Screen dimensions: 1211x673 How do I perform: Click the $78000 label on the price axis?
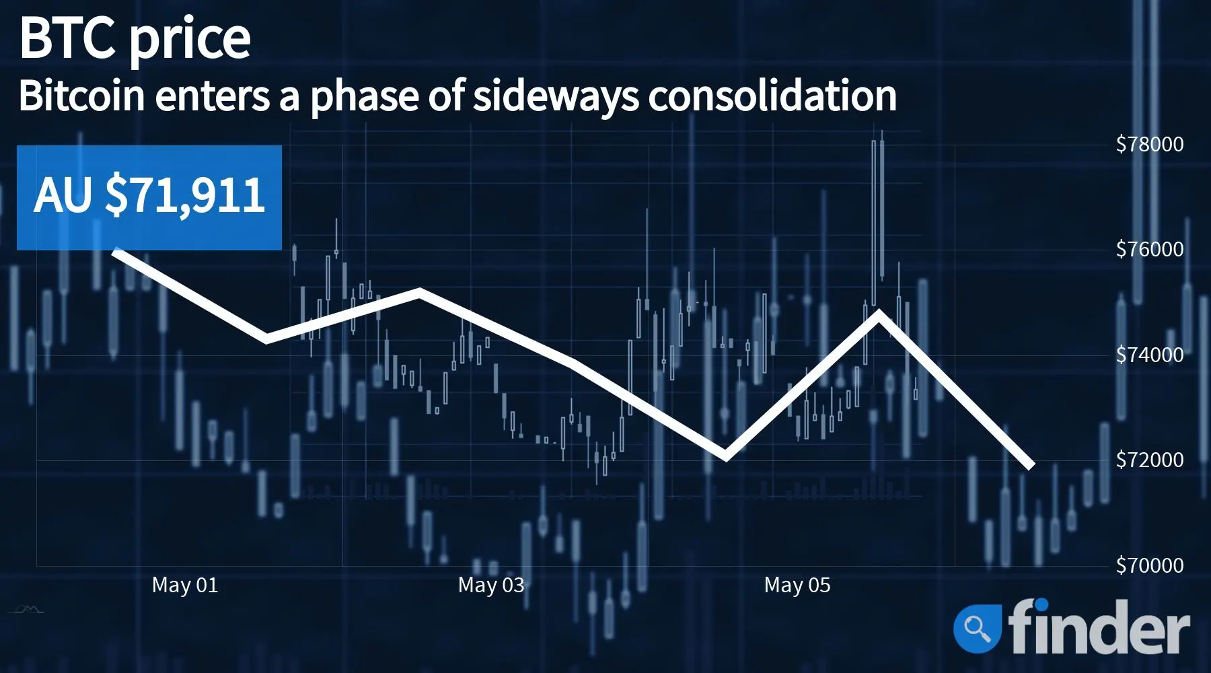[x=1149, y=144]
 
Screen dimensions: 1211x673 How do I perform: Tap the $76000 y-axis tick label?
[x=1149, y=249]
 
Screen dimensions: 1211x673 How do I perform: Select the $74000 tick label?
[x=1149, y=355]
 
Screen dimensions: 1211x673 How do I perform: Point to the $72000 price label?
[x=1149, y=460]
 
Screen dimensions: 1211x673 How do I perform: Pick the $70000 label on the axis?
[x=1149, y=565]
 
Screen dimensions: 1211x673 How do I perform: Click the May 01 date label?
[x=185, y=585]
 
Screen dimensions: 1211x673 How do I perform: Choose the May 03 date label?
[x=491, y=585]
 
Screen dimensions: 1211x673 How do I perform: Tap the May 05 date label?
[x=797, y=585]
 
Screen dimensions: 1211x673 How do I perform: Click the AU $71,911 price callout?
[x=149, y=197]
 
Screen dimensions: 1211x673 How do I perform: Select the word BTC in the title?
[x=68, y=38]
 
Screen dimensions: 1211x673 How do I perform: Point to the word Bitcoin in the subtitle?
[x=81, y=96]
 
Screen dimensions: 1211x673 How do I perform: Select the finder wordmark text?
[x=1099, y=626]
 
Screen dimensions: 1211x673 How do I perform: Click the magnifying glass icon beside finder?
[x=977, y=628]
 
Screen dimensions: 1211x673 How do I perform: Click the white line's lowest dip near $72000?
[x=725, y=457]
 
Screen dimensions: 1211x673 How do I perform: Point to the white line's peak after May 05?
[x=878, y=312]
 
